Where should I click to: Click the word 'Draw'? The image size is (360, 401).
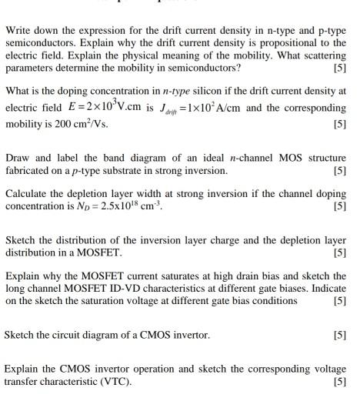pyautogui.click(x=18, y=157)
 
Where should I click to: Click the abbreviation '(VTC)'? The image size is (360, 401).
pyautogui.click(x=111, y=381)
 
